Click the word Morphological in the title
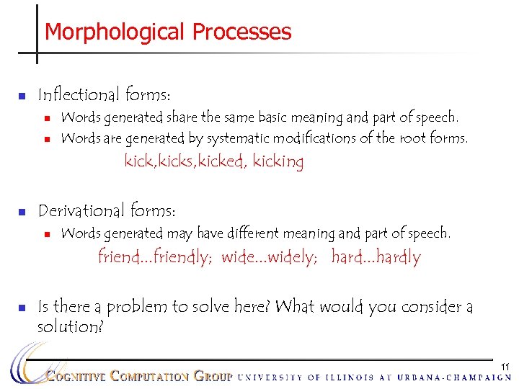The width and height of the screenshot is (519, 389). (115, 32)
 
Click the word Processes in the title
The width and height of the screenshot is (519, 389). (241, 32)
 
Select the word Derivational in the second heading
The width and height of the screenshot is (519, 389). (81, 210)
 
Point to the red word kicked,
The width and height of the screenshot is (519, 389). (223, 161)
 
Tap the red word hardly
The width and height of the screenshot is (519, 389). (396, 257)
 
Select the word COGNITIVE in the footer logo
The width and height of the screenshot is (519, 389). (76, 376)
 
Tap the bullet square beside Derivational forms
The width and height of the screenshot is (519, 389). (22, 212)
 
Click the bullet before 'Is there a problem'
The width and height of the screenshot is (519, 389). (22, 308)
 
